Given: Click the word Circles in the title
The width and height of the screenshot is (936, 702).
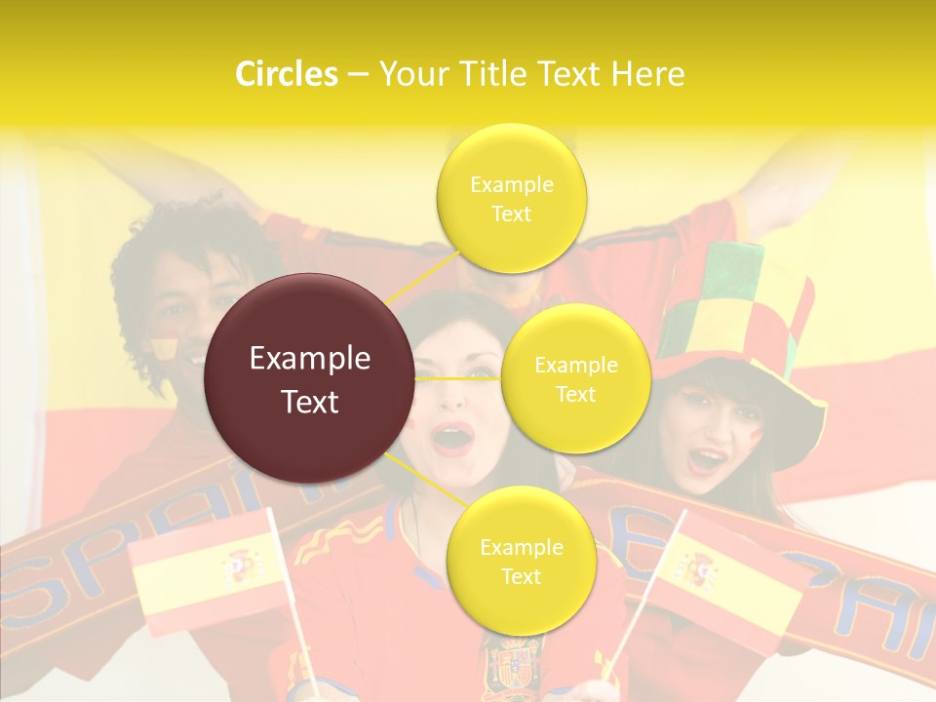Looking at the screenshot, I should pyautogui.click(x=286, y=74).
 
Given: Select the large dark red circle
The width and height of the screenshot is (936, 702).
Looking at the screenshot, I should pyautogui.click(x=309, y=379).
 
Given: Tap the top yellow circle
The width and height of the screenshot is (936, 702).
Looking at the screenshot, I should pyautogui.click(x=511, y=199).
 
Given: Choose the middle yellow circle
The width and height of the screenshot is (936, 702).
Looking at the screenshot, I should pyautogui.click(x=575, y=379).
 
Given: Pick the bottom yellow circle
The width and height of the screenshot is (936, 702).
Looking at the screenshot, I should pyautogui.click(x=521, y=562).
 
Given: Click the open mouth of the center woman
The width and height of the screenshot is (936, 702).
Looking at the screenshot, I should pyautogui.click(x=452, y=439).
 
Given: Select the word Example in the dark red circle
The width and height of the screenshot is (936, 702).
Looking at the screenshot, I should pyautogui.click(x=309, y=359).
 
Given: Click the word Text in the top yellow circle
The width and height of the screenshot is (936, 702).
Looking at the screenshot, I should pyautogui.click(x=511, y=214).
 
